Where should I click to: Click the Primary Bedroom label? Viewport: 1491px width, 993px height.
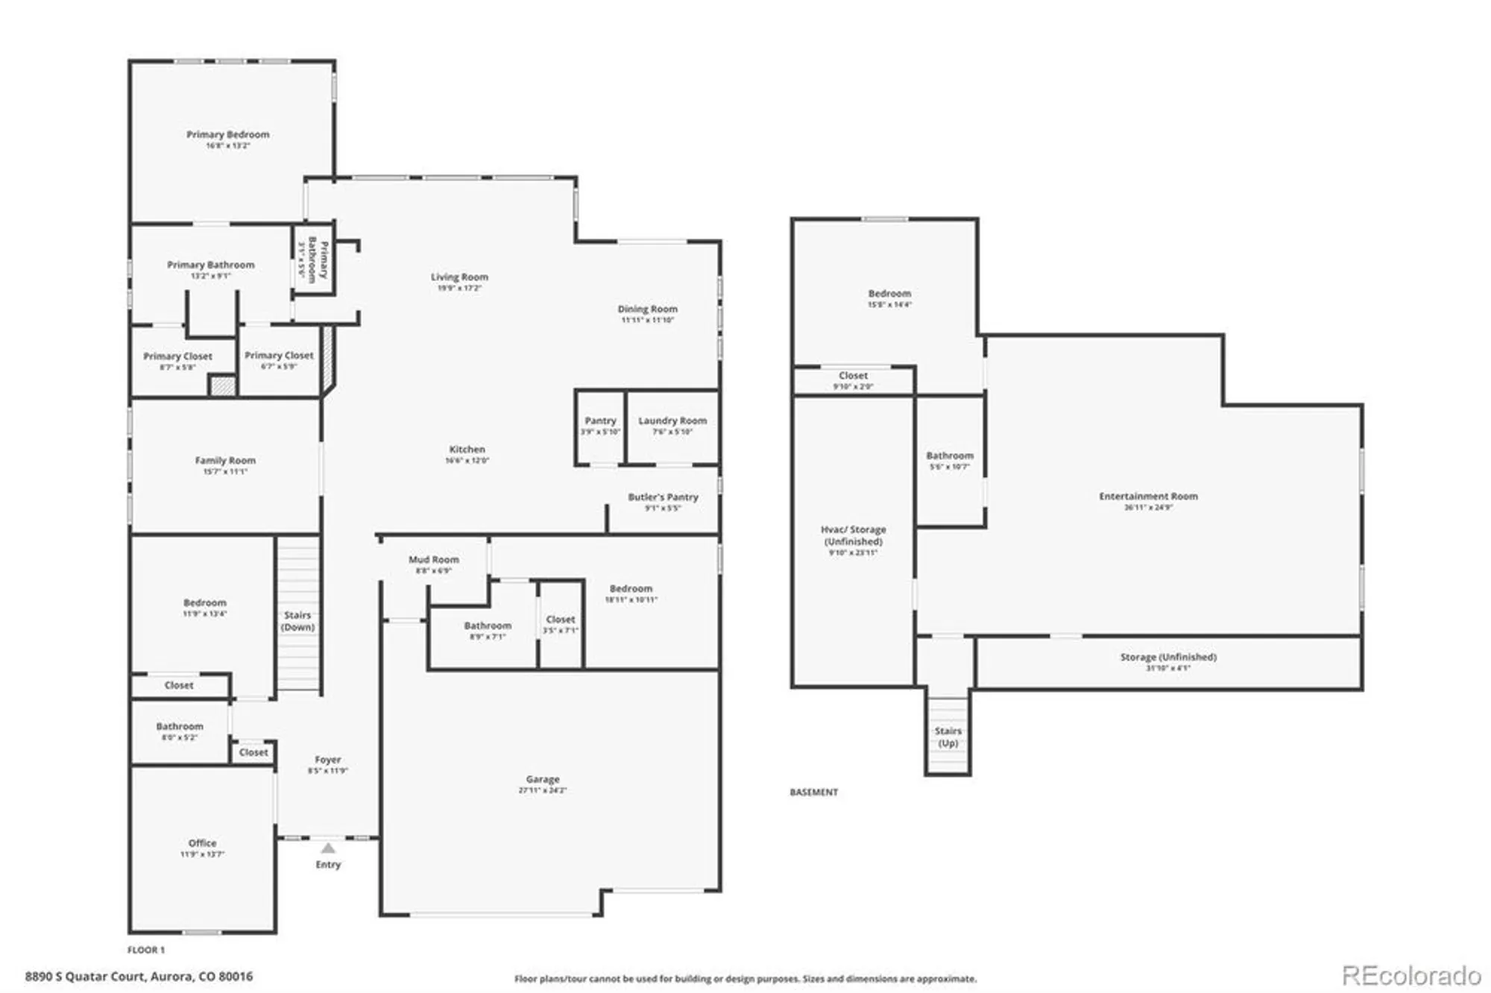(227, 135)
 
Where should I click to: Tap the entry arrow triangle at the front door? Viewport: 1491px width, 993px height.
(328, 848)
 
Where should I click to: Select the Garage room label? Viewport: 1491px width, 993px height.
(542, 779)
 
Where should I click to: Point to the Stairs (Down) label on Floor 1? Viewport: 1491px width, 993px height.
(297, 621)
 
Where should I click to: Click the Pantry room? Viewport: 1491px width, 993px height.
(600, 426)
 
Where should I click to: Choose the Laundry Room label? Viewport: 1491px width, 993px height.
(672, 421)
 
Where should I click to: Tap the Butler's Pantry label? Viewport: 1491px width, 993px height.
(663, 497)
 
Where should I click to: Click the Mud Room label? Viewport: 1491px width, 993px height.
(433, 560)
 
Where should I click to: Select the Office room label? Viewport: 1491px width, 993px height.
(202, 843)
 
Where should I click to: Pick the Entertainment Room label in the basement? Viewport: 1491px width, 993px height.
(1148, 497)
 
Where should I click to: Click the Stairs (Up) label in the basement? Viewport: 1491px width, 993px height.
(948, 737)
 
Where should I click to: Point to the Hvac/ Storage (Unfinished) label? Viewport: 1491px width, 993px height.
(853, 535)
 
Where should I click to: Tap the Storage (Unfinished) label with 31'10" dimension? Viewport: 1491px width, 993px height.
(1167, 658)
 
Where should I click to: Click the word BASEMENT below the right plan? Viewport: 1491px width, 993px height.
(813, 792)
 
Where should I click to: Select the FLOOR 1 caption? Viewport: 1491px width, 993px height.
(146, 950)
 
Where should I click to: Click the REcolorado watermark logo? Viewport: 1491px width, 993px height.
(1410, 975)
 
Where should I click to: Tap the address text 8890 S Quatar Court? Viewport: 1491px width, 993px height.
(139, 976)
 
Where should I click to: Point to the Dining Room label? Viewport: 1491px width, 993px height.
(647, 309)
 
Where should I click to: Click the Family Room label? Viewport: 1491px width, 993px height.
(225, 461)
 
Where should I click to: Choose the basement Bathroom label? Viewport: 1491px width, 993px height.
(949, 455)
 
